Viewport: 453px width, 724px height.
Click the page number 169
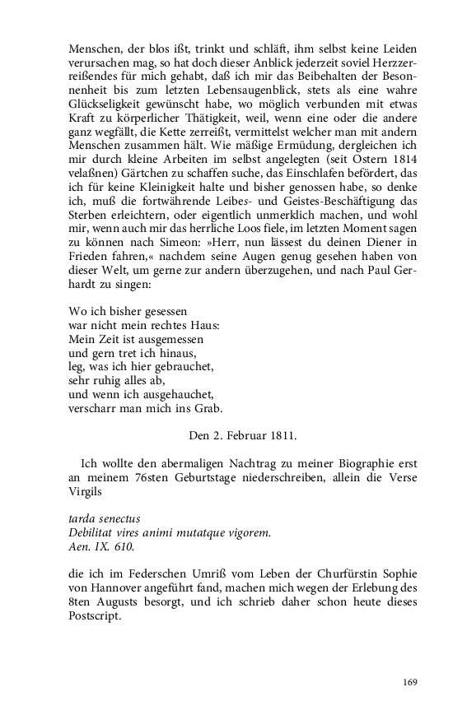409,681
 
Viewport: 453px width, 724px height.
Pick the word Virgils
86,486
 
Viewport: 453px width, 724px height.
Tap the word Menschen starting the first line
96,45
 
